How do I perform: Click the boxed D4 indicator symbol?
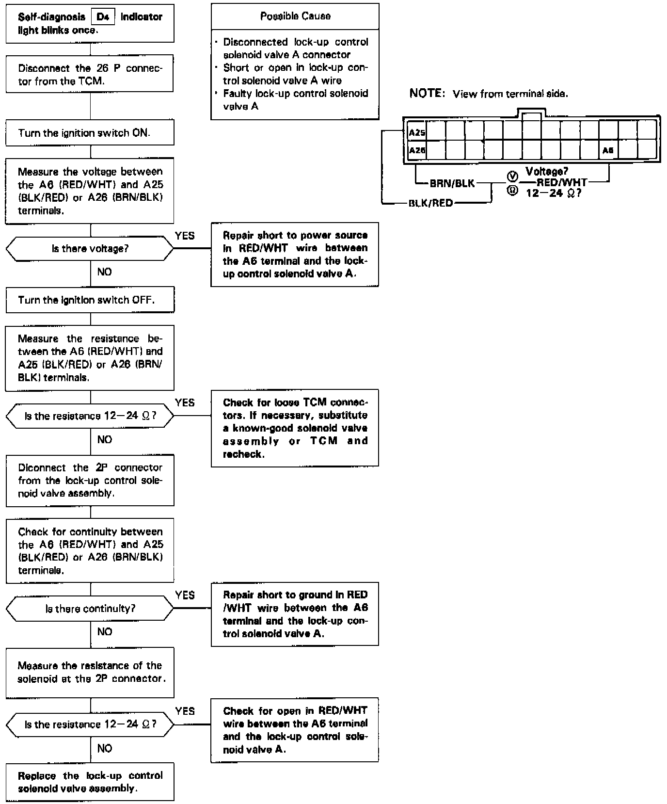coord(103,17)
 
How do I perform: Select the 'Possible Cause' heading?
coord(295,16)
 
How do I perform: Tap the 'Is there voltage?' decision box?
coord(90,249)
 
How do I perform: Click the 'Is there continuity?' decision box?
coord(90,609)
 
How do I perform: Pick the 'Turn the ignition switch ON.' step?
coord(90,133)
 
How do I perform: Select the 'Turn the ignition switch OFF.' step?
coord(90,300)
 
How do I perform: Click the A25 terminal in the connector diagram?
coord(417,132)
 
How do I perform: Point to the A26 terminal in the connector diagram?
coord(417,151)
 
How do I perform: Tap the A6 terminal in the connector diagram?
coord(608,151)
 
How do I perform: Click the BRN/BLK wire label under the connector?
coord(452,184)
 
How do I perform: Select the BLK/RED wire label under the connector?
coord(430,203)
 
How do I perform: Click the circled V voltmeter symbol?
coord(512,176)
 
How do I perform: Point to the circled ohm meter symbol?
coord(512,191)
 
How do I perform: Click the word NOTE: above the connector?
coord(427,93)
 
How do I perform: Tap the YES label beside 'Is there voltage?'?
coord(185,236)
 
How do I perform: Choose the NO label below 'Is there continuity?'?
coord(104,631)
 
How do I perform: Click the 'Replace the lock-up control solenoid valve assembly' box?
coord(90,782)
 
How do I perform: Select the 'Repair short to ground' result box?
coord(295,614)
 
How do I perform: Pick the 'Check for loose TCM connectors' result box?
coord(295,428)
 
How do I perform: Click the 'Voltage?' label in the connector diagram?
coord(547,171)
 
